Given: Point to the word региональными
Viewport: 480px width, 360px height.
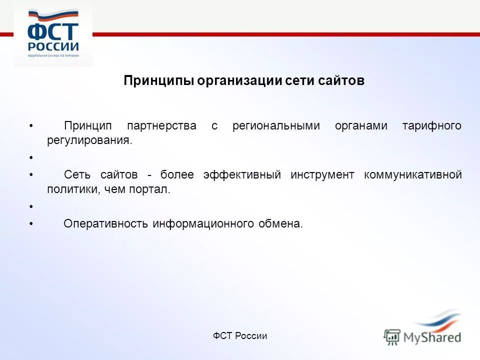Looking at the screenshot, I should point(276,126).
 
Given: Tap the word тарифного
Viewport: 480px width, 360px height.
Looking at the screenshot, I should point(431,126).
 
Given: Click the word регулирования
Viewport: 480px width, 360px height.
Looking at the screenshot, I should point(90,140).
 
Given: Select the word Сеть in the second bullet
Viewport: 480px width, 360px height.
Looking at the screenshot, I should point(77,175).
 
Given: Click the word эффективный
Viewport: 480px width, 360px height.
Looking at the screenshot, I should point(242,175).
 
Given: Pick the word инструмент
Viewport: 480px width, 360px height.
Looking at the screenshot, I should point(322,175).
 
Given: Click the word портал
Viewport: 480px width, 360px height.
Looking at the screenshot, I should point(153,189).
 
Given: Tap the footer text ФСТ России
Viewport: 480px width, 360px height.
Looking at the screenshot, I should point(240,336).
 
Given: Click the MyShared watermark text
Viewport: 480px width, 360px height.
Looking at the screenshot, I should point(432,337).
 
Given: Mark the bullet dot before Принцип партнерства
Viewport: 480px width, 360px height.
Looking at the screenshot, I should point(31,126).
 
